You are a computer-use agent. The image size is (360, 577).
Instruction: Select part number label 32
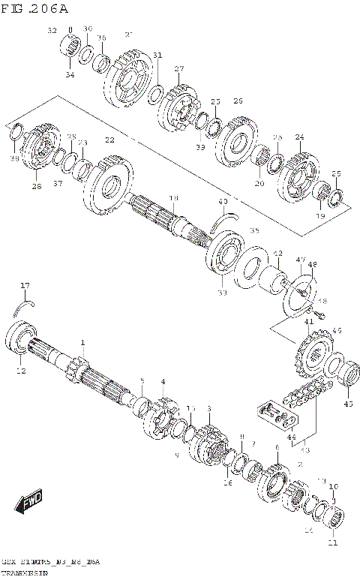52,31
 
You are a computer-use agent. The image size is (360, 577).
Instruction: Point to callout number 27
179,69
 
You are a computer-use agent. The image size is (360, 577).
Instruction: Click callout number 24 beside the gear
299,137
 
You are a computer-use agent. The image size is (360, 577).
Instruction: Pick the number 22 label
110,140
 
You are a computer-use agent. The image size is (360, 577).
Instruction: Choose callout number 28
36,186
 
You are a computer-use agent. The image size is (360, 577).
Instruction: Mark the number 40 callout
222,202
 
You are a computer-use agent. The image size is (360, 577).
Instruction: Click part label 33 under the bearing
222,293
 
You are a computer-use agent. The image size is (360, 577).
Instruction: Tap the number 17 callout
25,285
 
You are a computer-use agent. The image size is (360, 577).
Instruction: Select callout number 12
21,370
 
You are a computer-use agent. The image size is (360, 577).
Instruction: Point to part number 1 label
83,342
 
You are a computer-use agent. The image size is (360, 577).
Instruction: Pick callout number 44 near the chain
291,436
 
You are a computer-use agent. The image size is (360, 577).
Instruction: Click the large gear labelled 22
109,185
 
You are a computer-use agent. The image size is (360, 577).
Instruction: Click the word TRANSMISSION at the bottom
25,572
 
